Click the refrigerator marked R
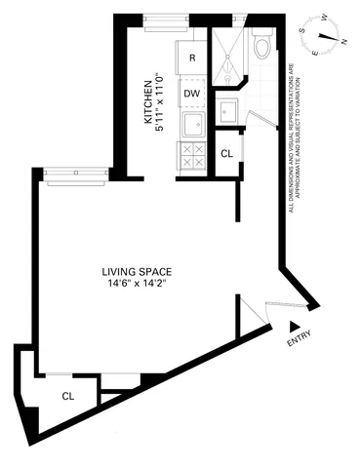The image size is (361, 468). pos(192,58)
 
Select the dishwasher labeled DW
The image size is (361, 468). pos(192,94)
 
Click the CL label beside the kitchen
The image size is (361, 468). pos(226,153)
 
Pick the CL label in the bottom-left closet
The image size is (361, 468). pos(67,396)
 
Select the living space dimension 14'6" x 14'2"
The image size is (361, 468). pos(140,285)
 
